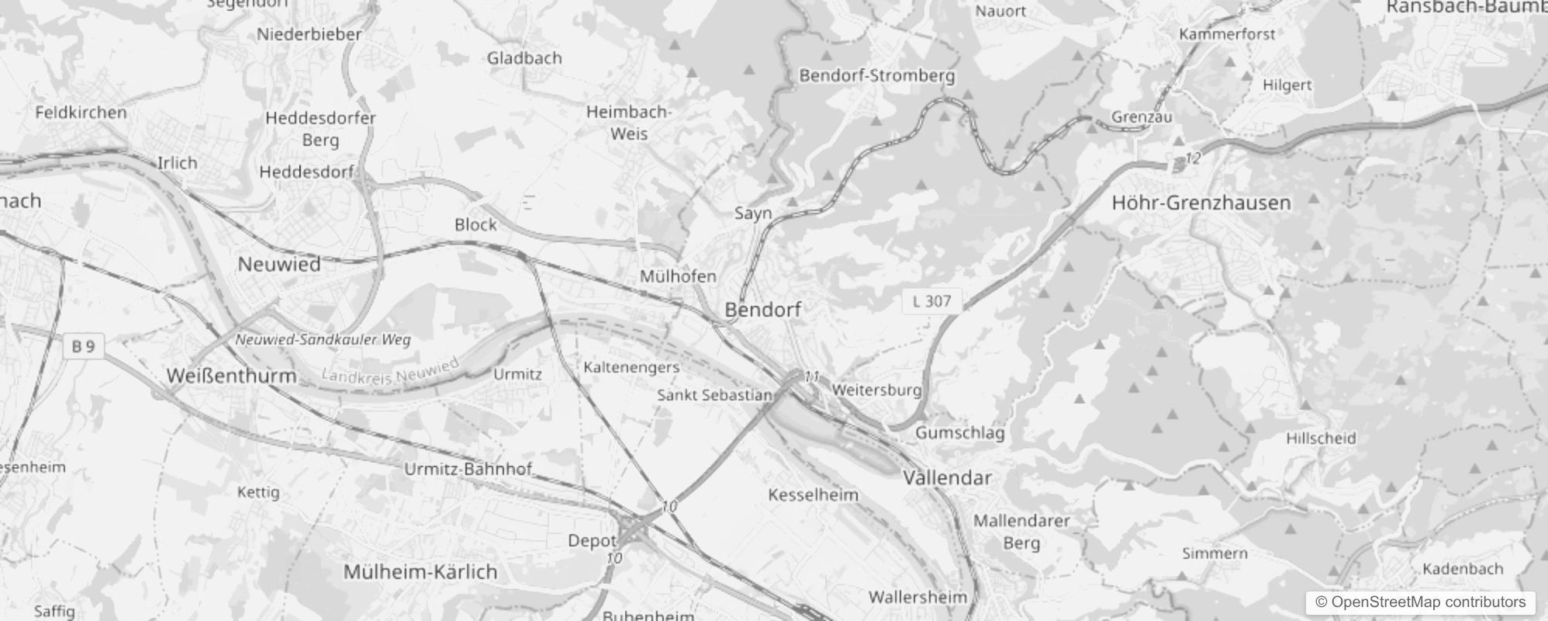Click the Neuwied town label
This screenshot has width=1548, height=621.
(278, 264)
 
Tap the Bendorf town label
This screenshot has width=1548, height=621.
(762, 309)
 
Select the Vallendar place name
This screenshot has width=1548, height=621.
(947, 477)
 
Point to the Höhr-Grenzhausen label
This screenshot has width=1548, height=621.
(1201, 203)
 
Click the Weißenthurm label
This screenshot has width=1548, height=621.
(231, 376)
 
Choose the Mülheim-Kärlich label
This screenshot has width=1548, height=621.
(420, 572)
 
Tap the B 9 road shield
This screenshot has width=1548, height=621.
(83, 346)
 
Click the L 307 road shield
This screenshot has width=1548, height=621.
(931, 301)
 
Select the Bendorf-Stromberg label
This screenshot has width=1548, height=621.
(876, 75)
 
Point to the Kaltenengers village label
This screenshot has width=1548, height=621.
(631, 366)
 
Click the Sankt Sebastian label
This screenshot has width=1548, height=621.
(714, 394)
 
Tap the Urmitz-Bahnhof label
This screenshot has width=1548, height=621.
(468, 469)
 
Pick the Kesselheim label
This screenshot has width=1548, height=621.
(813, 494)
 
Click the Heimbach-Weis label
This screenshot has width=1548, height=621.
(628, 123)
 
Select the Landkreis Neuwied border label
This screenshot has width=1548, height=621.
(390, 372)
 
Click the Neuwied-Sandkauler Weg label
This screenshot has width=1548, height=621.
(323, 339)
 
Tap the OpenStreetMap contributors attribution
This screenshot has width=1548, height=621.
(1420, 602)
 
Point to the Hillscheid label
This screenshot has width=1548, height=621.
(1321, 438)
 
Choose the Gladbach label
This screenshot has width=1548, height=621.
(524, 58)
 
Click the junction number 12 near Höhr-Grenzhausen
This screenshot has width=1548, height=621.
(1193, 158)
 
